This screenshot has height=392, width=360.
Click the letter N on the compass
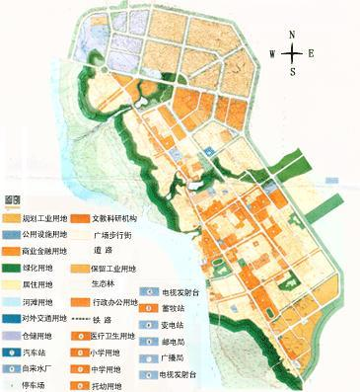pyautogui.click(x=292, y=35)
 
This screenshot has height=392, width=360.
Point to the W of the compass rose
pyautogui.click(x=271, y=55)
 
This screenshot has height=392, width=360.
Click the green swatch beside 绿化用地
pyautogui.click(x=11, y=267)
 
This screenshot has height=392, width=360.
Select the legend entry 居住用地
pyautogui.click(x=38, y=282)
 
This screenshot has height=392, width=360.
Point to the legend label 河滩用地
pyautogui.click(x=38, y=300)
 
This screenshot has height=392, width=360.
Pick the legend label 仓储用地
pyautogui.click(x=38, y=334)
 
